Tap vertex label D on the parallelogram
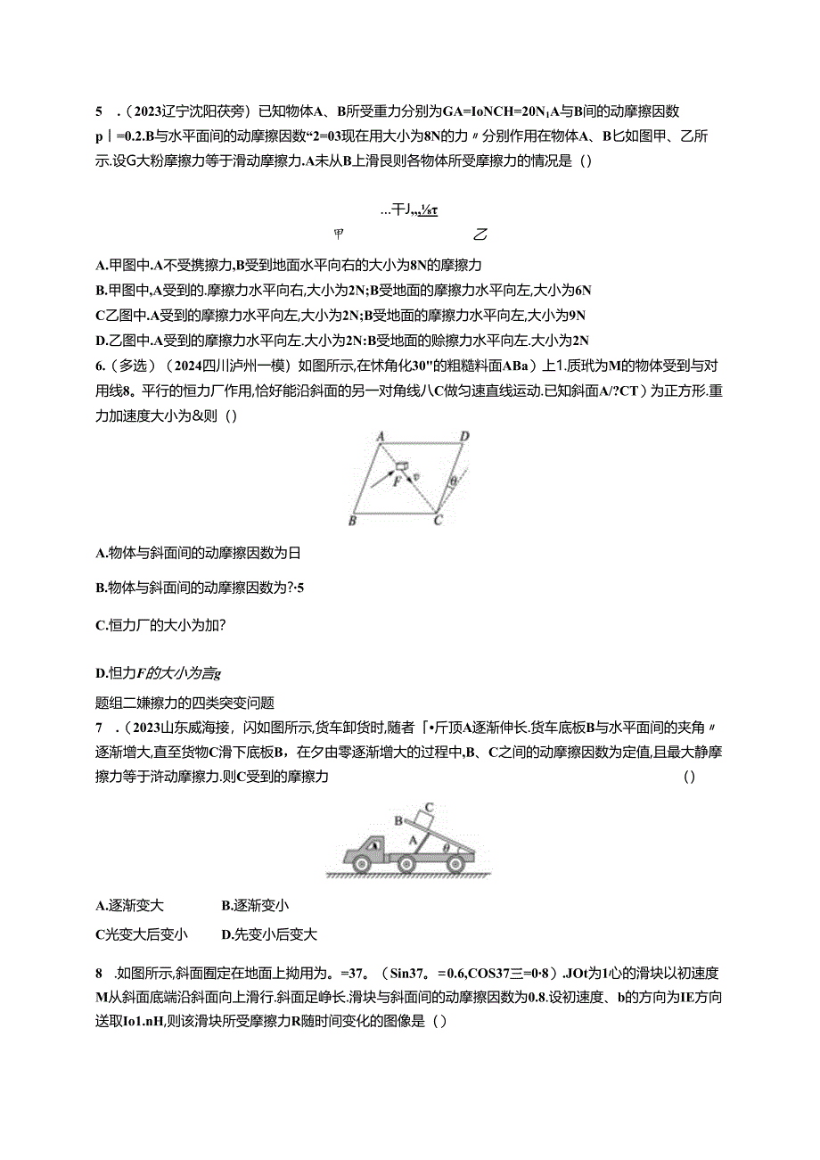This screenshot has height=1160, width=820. (463, 437)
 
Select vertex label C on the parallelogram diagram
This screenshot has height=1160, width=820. (437, 521)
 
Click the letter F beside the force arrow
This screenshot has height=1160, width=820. (398, 481)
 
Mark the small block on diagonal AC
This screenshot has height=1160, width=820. (403, 466)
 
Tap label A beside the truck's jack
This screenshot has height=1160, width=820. (413, 838)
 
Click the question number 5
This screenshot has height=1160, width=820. (99, 111)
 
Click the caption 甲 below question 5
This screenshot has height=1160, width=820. (339, 234)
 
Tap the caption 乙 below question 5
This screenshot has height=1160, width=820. (480, 234)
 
